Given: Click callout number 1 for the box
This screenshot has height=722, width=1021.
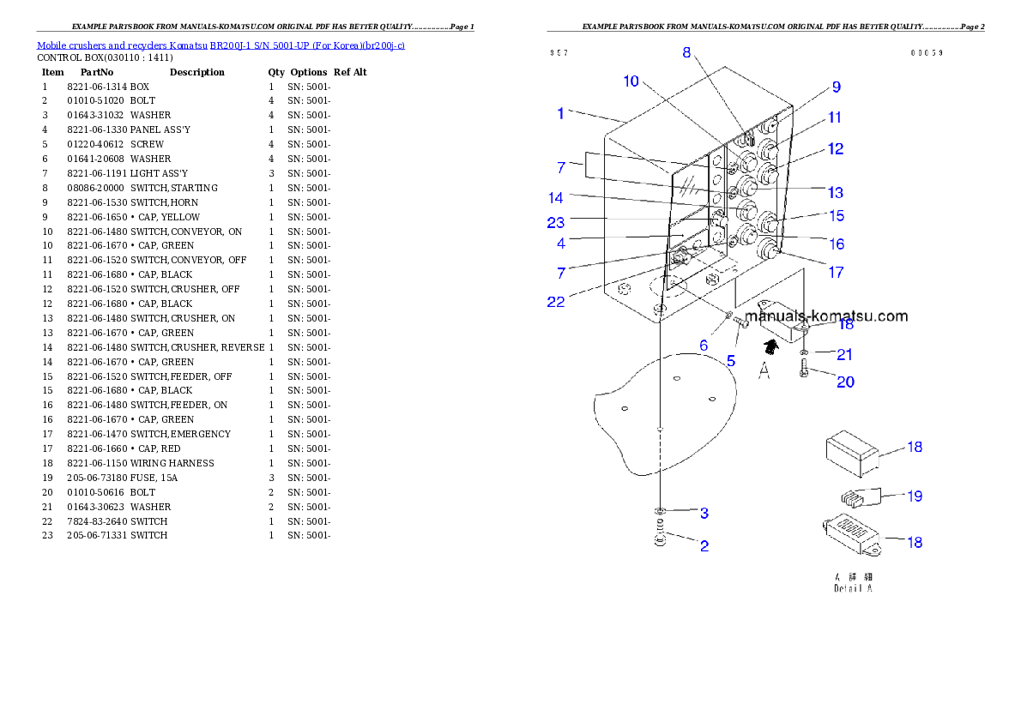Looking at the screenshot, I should click(x=560, y=113).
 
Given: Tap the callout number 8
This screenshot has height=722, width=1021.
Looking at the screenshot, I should click(x=686, y=52).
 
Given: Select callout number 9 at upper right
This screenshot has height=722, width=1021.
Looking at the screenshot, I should click(x=836, y=87).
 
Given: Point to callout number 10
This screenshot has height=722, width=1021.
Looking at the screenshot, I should click(x=631, y=81).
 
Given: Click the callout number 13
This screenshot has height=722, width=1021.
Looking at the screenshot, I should click(x=835, y=193).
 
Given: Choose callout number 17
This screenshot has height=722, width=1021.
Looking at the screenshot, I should click(x=835, y=273).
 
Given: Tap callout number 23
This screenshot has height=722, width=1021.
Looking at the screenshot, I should click(x=556, y=222).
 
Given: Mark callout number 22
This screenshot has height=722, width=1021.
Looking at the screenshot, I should click(x=556, y=302).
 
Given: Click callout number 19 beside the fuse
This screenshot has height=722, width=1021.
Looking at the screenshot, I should click(x=915, y=496).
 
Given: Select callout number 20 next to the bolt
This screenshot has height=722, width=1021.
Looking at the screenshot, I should click(x=845, y=382).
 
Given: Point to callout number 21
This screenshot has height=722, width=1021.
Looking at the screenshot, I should click(x=845, y=354).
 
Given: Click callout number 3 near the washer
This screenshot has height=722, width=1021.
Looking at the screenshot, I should click(x=704, y=514).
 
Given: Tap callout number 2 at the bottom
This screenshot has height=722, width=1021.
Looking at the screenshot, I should click(x=704, y=545).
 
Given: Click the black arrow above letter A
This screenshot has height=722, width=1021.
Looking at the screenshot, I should click(x=770, y=346).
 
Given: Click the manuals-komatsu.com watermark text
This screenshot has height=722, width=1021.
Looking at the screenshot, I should click(x=826, y=316).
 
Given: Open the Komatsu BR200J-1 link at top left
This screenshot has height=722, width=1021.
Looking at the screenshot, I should click(x=221, y=45).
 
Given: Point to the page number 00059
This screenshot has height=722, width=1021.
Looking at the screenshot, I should click(x=927, y=53).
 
